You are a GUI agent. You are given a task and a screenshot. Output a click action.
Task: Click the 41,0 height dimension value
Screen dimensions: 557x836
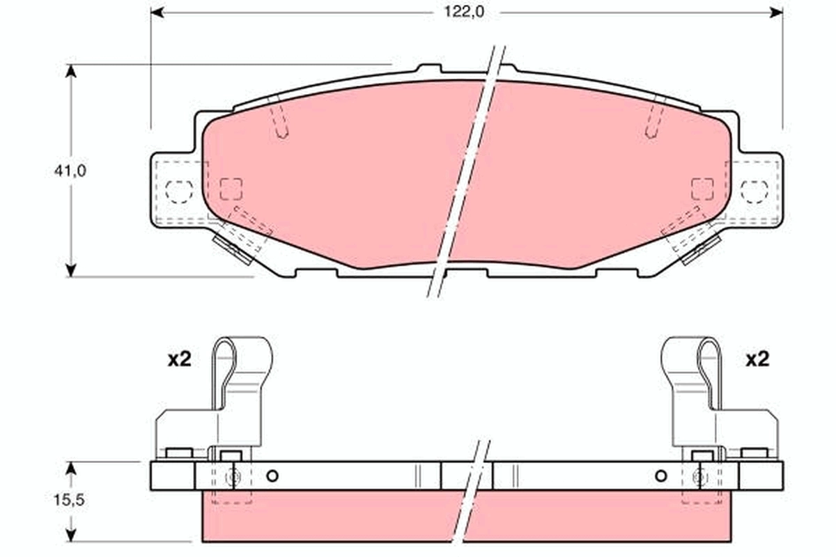click(70, 170)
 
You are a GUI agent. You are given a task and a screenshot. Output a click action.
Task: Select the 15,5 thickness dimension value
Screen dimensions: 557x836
click(70, 501)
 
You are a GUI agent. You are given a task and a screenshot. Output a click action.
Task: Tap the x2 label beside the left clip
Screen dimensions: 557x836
click(178, 359)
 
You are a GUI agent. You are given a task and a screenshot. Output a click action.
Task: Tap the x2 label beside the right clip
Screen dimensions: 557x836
click(757, 359)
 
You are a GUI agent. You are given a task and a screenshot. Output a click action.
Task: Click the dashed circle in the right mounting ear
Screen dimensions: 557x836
click(754, 190)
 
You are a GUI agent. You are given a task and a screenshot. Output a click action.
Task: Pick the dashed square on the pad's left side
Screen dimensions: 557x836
click(231, 189)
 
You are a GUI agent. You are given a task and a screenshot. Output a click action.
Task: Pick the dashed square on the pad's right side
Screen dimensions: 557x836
click(702, 189)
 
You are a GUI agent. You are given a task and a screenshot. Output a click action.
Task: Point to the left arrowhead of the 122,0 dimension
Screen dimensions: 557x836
click(157, 12)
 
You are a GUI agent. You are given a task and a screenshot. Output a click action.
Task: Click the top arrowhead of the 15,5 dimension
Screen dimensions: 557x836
click(70, 467)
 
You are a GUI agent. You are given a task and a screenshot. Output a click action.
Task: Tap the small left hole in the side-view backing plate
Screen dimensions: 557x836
click(272, 476)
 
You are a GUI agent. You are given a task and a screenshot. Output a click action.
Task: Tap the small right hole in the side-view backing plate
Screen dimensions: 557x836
click(660, 476)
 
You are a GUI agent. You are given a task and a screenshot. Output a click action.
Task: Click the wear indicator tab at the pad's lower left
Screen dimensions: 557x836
click(232, 249)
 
